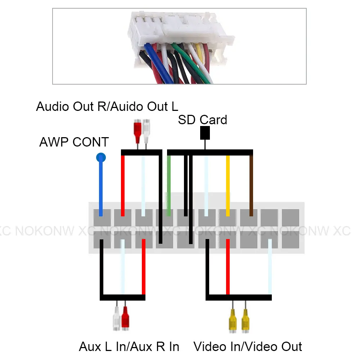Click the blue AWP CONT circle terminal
(x=101, y=157)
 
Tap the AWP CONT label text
(x=74, y=142)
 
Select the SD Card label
(x=202, y=120)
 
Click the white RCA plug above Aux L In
(x=116, y=319)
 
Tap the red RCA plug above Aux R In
(x=125, y=319)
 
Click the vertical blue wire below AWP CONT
(x=101, y=187)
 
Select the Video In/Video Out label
(x=248, y=346)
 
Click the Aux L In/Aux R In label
(x=129, y=346)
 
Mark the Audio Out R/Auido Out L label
(x=107, y=107)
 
